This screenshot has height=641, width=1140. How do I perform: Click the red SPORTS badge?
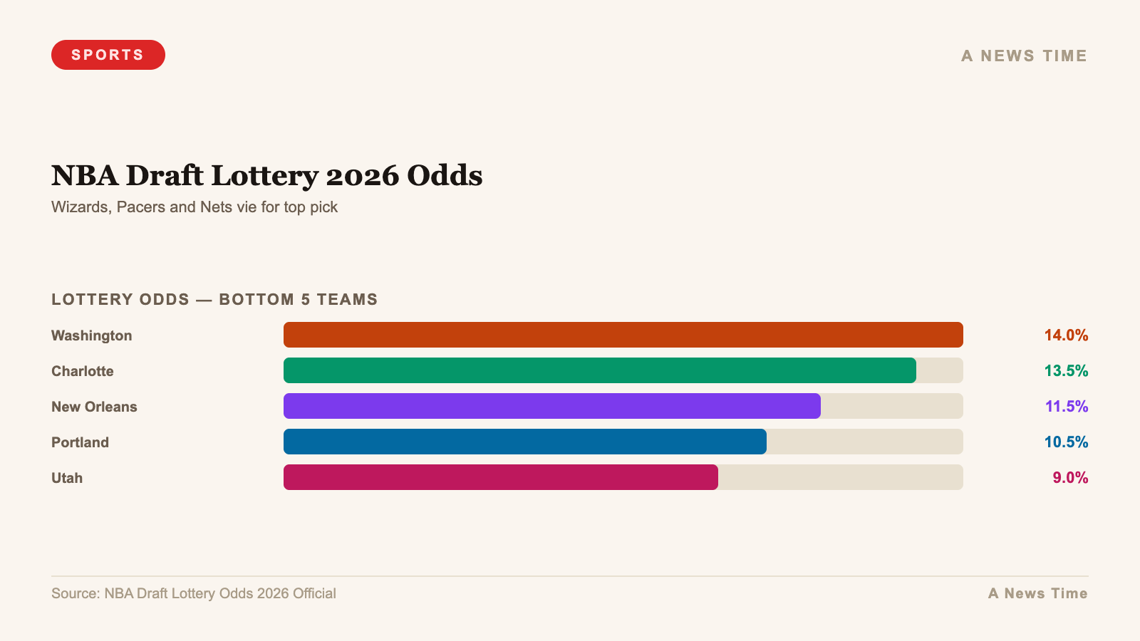(x=108, y=55)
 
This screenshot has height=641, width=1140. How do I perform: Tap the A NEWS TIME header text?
(x=1024, y=56)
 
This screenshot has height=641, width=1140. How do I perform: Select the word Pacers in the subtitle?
(x=140, y=207)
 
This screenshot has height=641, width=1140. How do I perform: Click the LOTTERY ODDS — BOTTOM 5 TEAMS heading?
(x=214, y=299)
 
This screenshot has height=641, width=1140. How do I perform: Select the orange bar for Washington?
(x=623, y=335)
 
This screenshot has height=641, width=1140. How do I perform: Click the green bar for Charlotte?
(x=599, y=370)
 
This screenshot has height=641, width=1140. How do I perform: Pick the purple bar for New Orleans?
(x=551, y=406)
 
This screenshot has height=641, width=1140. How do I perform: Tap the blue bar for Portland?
(x=524, y=442)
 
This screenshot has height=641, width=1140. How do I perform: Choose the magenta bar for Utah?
(x=500, y=477)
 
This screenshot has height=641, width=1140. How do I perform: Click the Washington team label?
(x=91, y=335)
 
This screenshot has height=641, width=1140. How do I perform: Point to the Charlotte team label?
(x=82, y=371)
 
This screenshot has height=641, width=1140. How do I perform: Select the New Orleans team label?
(x=94, y=407)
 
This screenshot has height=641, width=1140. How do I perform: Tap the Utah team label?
(x=67, y=478)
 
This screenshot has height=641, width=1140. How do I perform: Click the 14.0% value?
(x=1066, y=335)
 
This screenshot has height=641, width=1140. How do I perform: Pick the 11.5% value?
(x=1066, y=406)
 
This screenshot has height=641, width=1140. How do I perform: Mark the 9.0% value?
(x=1070, y=477)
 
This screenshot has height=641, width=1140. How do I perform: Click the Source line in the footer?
(x=193, y=593)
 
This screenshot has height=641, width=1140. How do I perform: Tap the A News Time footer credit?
(x=1037, y=593)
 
